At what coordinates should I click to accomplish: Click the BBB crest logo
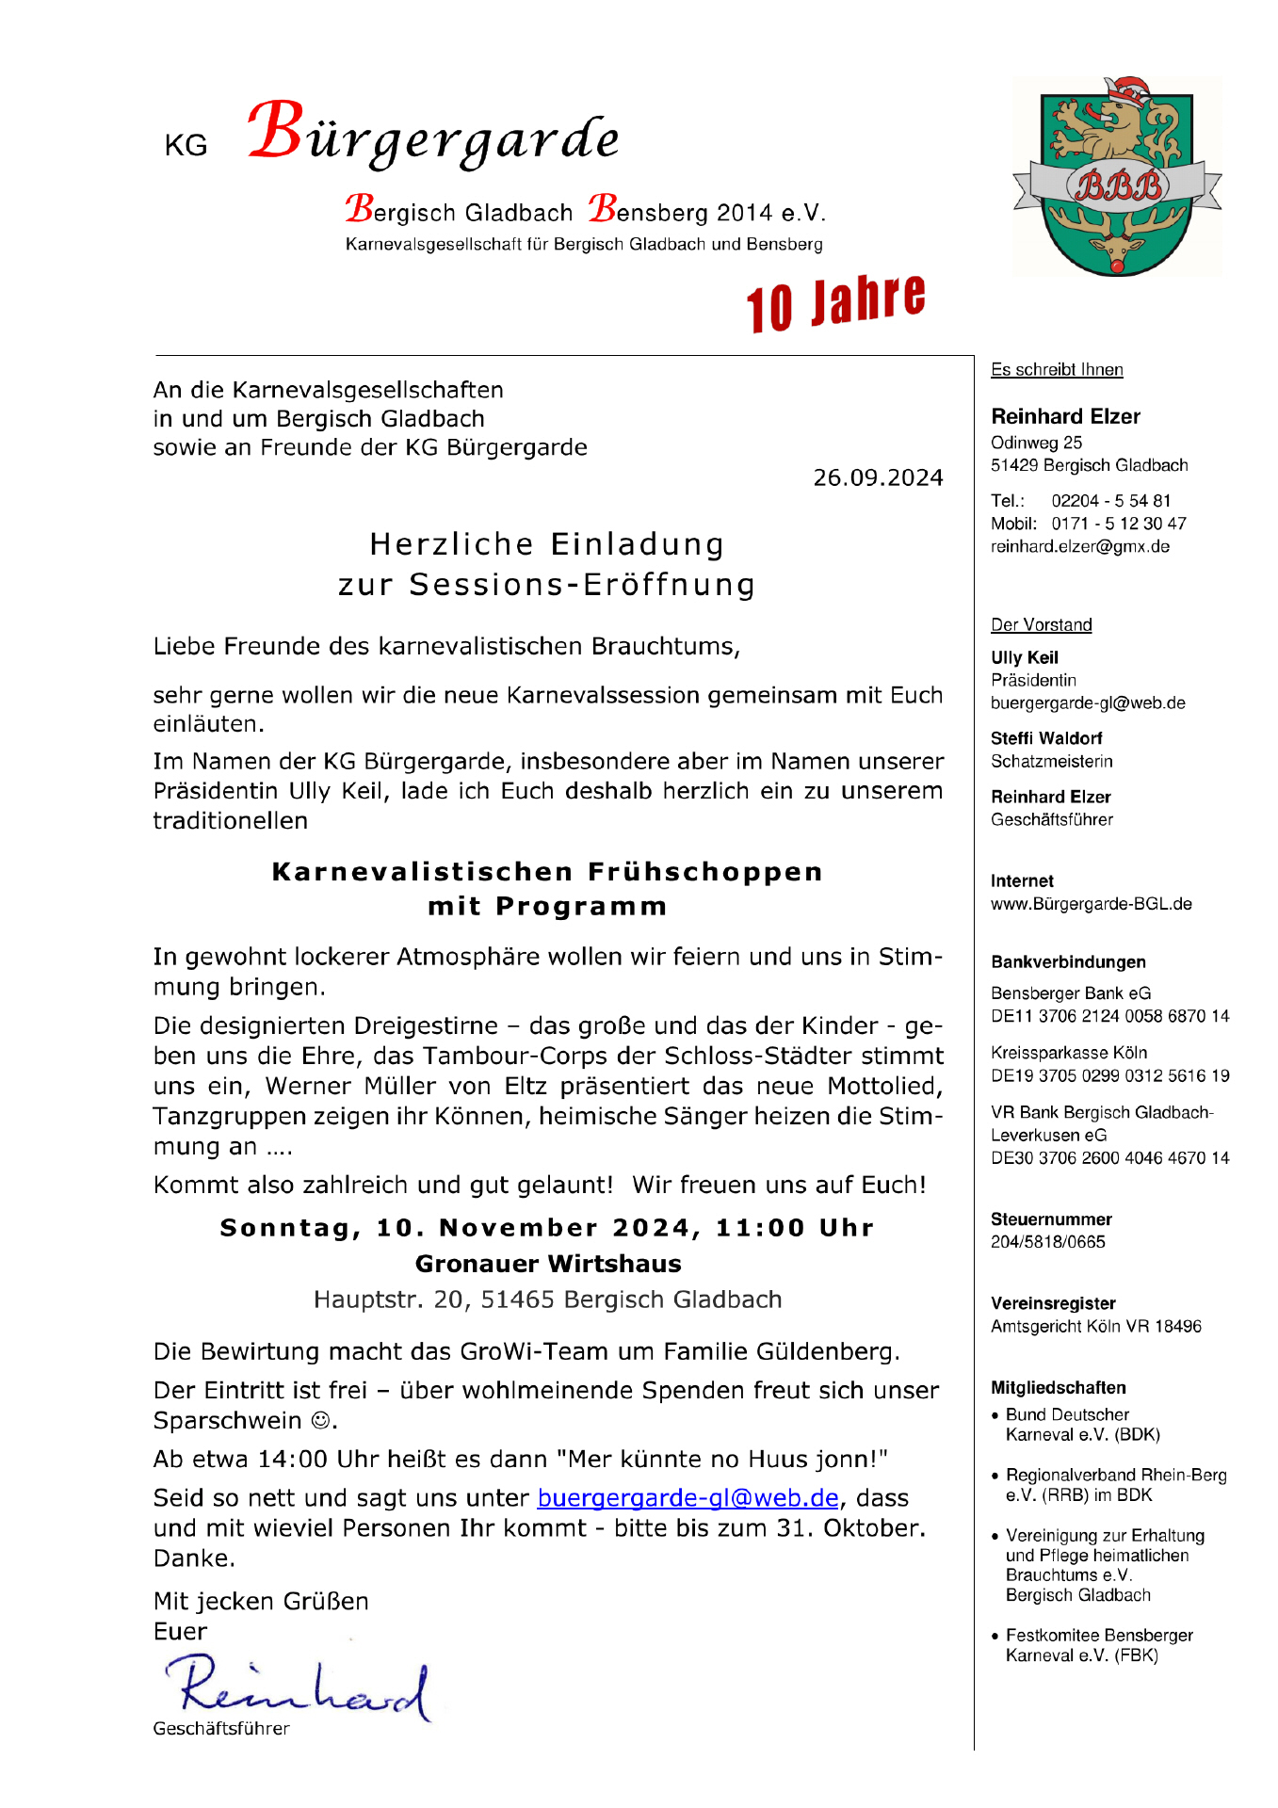point(1117,178)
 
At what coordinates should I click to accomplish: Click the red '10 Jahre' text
point(835,303)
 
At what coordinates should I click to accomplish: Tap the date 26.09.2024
point(878,478)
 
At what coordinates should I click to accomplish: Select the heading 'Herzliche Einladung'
point(546,544)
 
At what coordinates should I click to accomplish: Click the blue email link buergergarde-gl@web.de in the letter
point(688,1498)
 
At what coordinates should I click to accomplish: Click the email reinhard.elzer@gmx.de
point(1079,547)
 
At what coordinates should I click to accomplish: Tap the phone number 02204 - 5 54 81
point(1110,501)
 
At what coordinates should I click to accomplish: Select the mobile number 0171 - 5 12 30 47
point(1118,524)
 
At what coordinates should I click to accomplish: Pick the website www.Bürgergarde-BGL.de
point(1091,904)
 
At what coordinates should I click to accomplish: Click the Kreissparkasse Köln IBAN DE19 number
point(1109,1075)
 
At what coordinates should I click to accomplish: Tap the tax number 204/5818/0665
point(1047,1242)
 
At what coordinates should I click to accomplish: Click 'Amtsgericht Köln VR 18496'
point(1095,1327)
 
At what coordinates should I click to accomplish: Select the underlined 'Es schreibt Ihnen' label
point(1056,370)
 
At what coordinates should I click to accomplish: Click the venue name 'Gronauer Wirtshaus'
point(548,1264)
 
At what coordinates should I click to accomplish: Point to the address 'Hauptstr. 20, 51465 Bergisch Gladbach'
point(547,1299)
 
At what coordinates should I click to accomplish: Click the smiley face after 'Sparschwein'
point(320,1420)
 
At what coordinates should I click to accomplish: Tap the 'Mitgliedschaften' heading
point(1058,1388)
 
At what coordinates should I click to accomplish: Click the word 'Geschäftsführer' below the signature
point(221,1729)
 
